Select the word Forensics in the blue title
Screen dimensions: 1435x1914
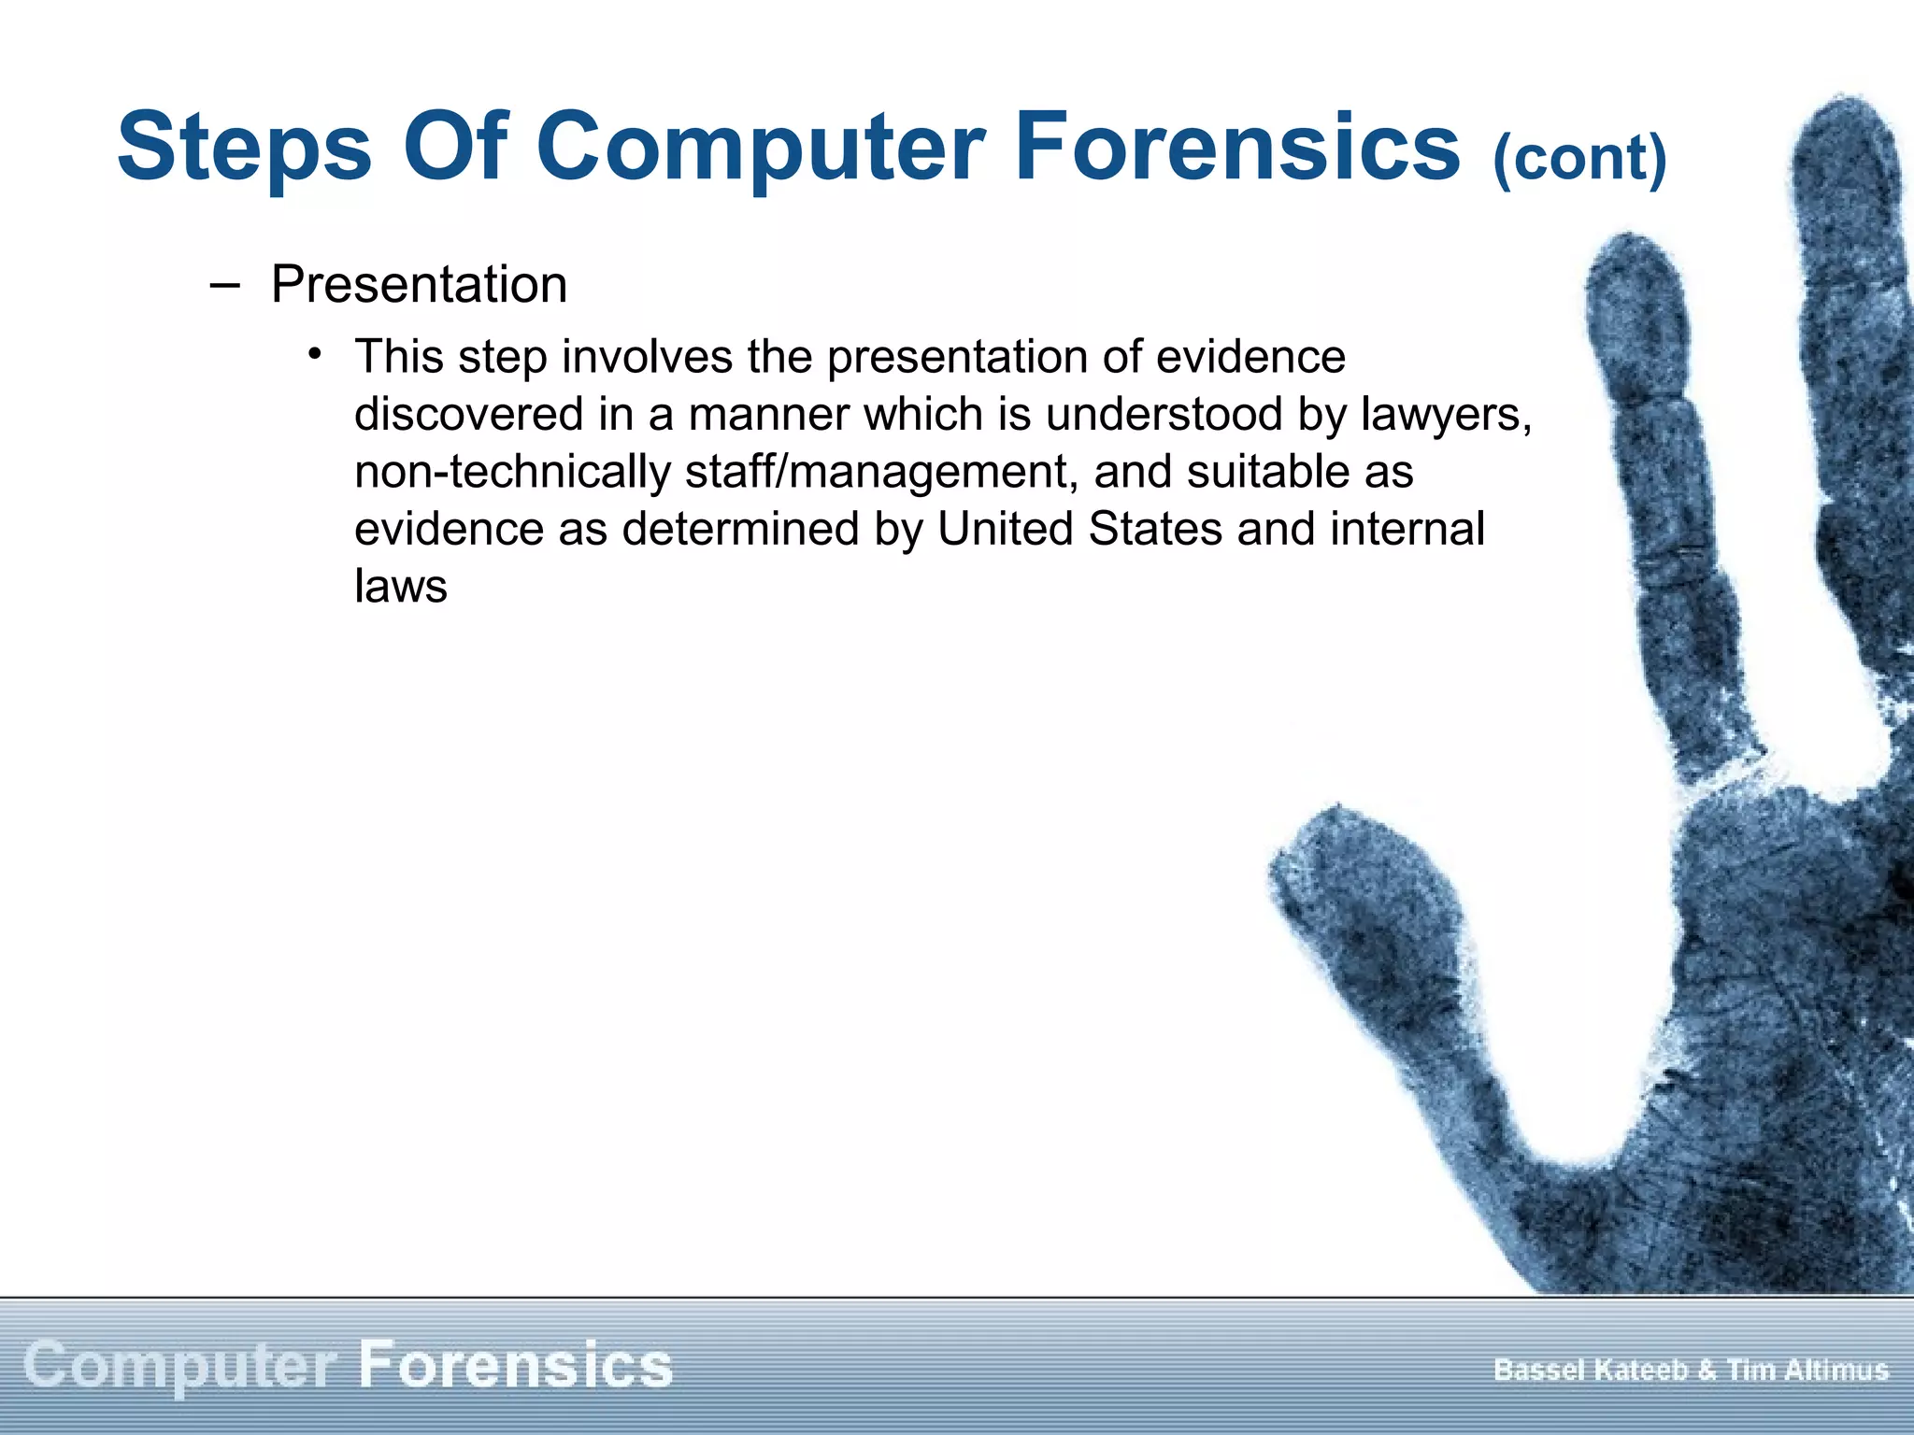(x=1236, y=147)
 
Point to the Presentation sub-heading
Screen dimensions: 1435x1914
(x=419, y=285)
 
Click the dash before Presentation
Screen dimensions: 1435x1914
(x=224, y=285)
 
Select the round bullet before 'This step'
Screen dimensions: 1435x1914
(x=316, y=354)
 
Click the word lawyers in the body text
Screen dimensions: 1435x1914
(x=1445, y=415)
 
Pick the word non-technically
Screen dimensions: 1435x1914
(x=512, y=472)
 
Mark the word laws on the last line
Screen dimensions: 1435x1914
(x=401, y=587)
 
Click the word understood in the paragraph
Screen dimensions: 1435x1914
(x=1164, y=415)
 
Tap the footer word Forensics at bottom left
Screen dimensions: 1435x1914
(x=515, y=1365)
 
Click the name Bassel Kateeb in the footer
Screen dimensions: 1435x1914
(x=1590, y=1371)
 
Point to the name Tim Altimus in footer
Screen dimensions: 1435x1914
(x=1807, y=1371)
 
